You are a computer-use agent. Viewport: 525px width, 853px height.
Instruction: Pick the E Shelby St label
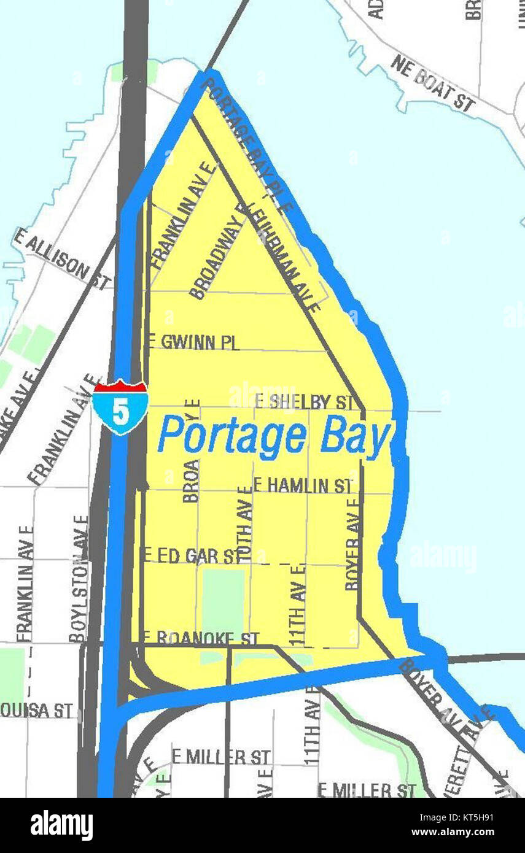pos(305,402)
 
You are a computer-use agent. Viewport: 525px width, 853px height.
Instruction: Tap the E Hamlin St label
pos(303,486)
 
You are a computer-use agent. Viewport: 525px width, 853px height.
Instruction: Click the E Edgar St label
pos(192,556)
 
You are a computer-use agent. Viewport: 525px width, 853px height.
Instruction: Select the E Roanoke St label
pos(201,638)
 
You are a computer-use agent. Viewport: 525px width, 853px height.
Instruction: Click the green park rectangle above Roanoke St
pos(223,595)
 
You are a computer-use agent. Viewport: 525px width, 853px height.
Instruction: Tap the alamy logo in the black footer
pos(61,825)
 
